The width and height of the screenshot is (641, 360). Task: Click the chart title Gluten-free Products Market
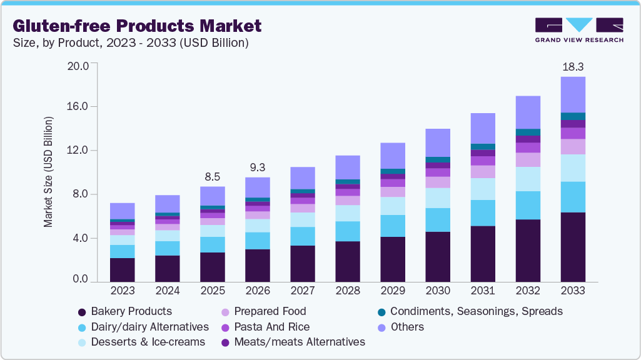tap(136, 26)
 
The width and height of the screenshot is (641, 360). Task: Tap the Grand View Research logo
tap(579, 30)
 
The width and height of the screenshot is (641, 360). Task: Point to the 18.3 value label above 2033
tap(573, 66)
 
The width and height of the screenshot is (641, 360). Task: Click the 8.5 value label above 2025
tap(213, 176)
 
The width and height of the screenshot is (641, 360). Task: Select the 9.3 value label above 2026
tap(258, 167)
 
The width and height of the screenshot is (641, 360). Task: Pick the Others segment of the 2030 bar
tap(438, 142)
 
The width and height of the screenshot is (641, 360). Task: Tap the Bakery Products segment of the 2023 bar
tap(123, 269)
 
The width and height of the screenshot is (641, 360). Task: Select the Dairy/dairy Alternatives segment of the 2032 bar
tap(528, 205)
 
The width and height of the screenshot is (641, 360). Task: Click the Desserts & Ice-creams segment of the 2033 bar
tap(573, 168)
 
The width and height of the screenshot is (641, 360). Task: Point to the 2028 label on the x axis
tap(348, 291)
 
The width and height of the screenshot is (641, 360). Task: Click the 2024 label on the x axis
tap(168, 291)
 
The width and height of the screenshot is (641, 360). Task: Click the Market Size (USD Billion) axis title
tap(48, 171)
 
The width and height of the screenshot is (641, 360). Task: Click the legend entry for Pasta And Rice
tap(271, 326)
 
